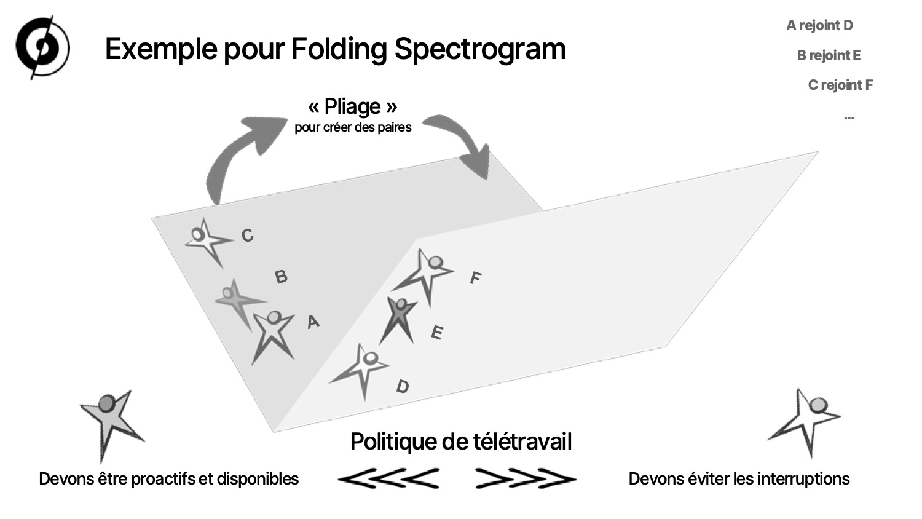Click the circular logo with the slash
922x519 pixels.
click(x=43, y=47)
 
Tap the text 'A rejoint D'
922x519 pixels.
click(x=819, y=26)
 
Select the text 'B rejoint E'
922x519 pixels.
click(x=829, y=55)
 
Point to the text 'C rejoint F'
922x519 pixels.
click(x=840, y=85)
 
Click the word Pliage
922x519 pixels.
click(x=352, y=106)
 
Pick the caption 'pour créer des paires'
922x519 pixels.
click(x=353, y=127)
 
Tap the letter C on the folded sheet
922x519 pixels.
click(x=247, y=235)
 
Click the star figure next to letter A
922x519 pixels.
click(x=273, y=336)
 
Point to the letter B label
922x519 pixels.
click(x=281, y=276)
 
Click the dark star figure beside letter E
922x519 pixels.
click(x=398, y=319)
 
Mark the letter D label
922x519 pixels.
click(x=403, y=386)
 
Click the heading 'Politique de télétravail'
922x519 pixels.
click(x=461, y=442)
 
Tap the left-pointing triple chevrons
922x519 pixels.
click(x=388, y=478)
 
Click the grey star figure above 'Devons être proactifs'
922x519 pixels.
click(x=111, y=424)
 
